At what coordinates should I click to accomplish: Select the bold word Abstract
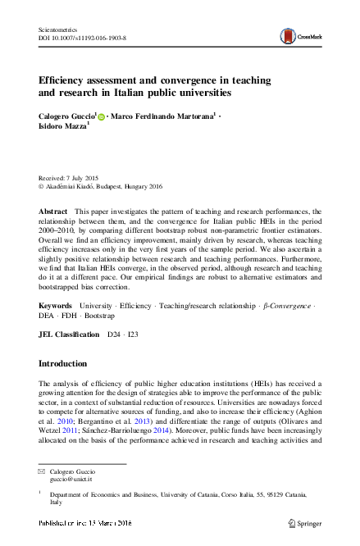click(x=52, y=212)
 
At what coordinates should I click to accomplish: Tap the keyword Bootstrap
click(x=98, y=315)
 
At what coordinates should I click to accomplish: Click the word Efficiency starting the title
click(x=66, y=83)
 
